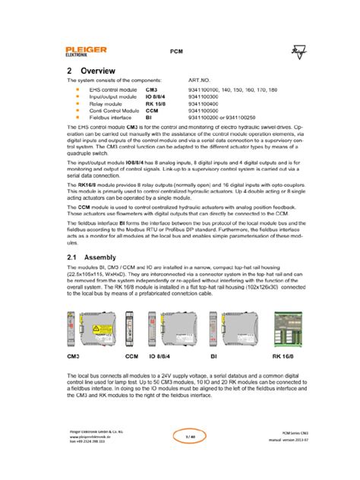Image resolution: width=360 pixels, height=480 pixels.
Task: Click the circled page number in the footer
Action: click(x=180, y=458)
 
